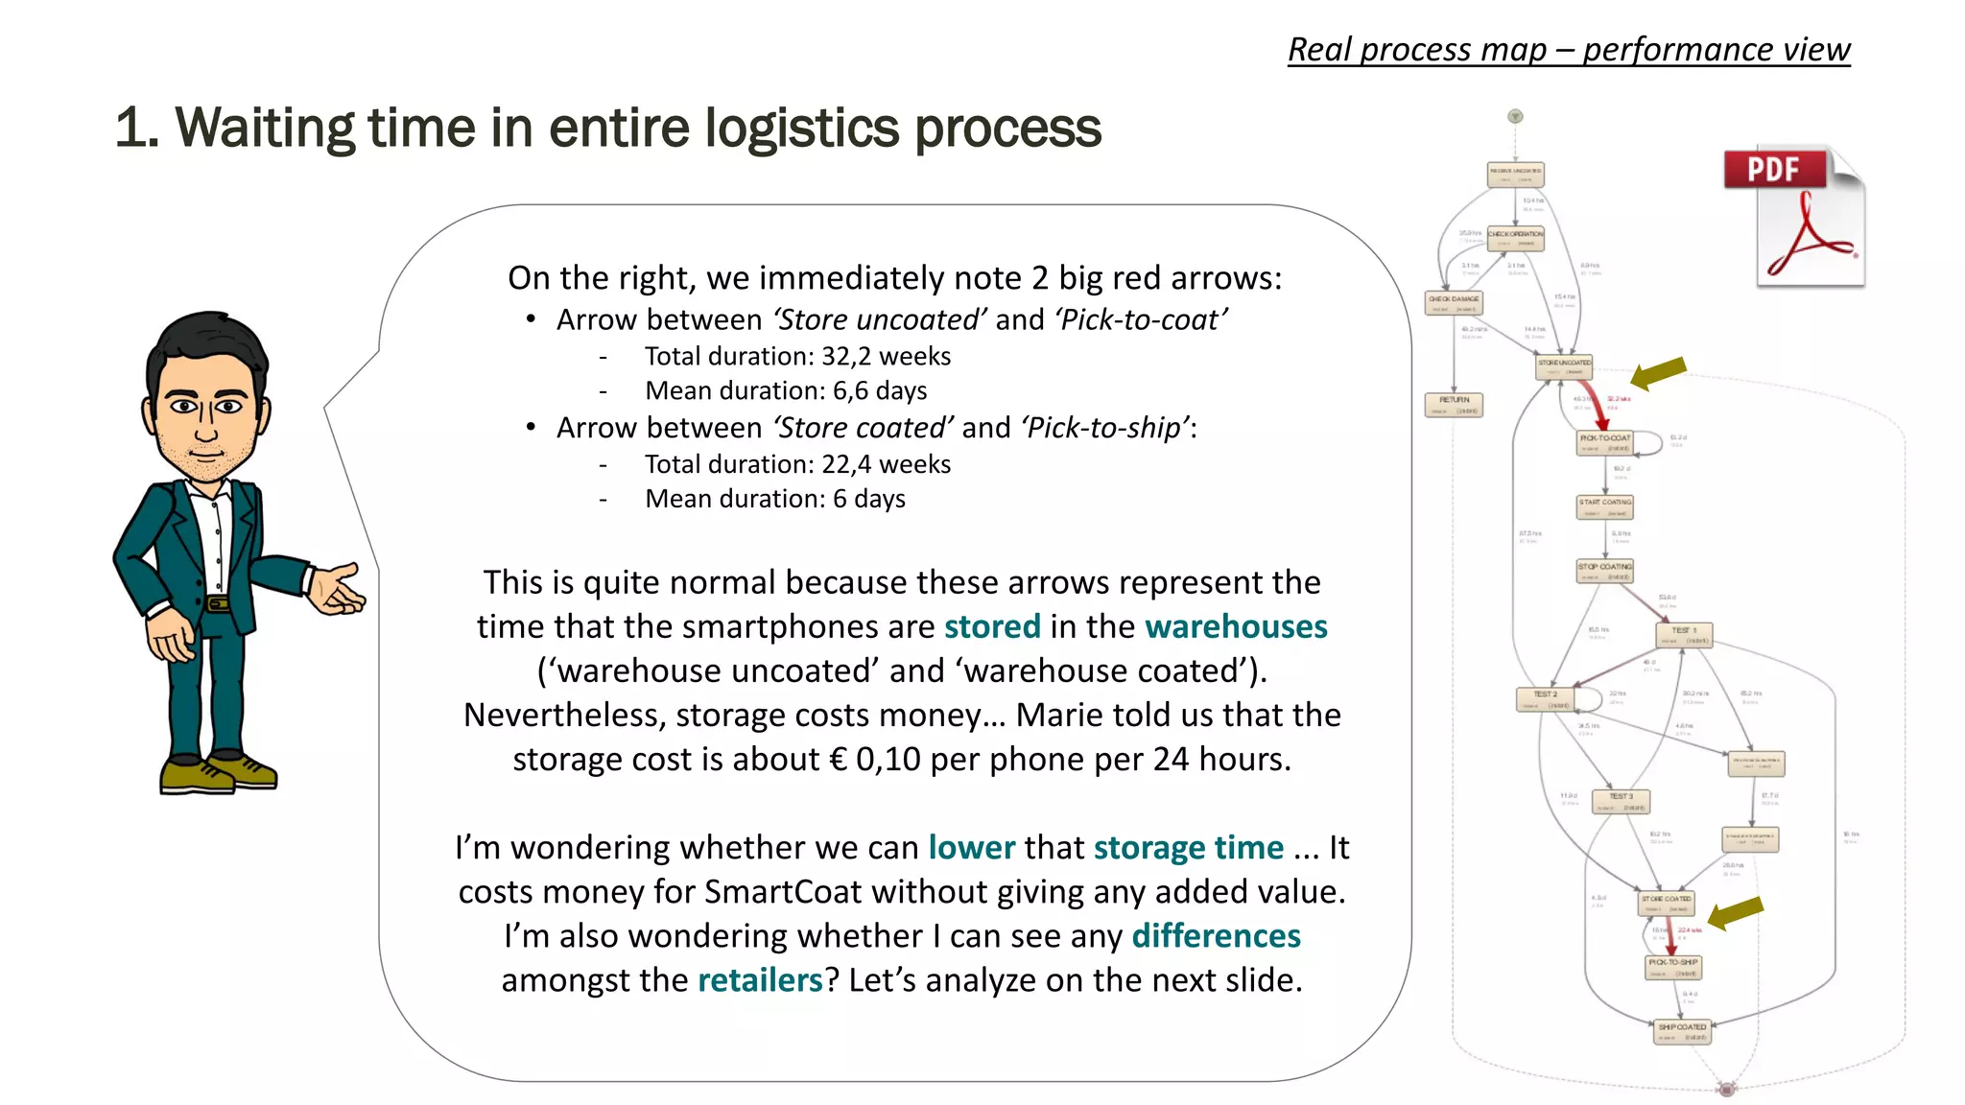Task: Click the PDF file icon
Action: (1794, 218)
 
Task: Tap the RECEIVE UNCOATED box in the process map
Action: (1515, 175)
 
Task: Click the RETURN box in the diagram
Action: (1454, 405)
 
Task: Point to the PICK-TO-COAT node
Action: (1605, 442)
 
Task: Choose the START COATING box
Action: (1605, 506)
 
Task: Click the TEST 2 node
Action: (1546, 699)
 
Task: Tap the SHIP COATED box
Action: (1683, 1031)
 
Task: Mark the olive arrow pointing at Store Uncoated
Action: (1658, 373)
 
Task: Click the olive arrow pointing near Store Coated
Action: (1736, 913)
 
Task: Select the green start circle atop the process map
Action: (1516, 117)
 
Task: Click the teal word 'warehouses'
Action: (1236, 626)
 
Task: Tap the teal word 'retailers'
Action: (760, 980)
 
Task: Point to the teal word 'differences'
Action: (1216, 936)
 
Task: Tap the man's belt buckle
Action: (218, 603)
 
